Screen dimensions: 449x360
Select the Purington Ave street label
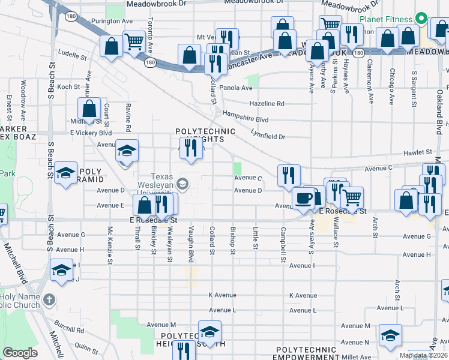112,21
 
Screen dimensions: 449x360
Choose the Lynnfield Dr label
268,137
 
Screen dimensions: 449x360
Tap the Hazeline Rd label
267,103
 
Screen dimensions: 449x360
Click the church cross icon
49,298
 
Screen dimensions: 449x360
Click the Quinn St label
87,347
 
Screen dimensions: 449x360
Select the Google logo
20,353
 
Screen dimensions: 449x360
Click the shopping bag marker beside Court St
89,110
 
